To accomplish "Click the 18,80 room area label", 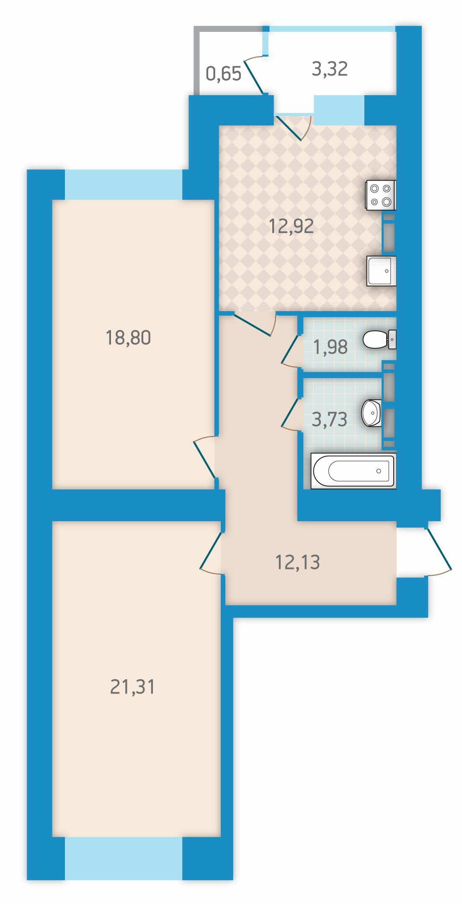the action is [128, 338].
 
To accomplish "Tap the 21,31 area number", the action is [132, 687].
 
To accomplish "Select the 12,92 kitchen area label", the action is [292, 226].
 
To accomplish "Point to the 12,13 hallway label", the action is [297, 562].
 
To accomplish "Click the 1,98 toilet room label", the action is [330, 347].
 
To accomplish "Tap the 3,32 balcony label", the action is [330, 69].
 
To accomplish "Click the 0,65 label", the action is [224, 74].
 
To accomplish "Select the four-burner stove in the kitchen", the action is [381, 195].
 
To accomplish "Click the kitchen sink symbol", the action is [381, 271].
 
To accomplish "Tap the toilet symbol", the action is [379, 340].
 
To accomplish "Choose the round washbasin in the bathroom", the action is [372, 413].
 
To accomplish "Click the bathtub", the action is [353, 471].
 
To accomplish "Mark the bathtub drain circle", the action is [379, 471].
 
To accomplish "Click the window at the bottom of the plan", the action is [124, 858].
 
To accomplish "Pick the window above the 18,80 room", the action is [124, 184].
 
